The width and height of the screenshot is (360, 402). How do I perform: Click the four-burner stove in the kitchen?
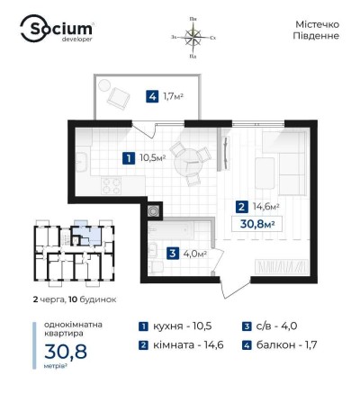(x=111, y=186)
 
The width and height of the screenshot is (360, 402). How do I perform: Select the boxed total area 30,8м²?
(x=258, y=223)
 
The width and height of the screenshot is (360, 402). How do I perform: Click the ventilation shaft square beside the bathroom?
(x=153, y=211)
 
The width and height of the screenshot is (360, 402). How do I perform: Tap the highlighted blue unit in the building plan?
(x=81, y=228)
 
